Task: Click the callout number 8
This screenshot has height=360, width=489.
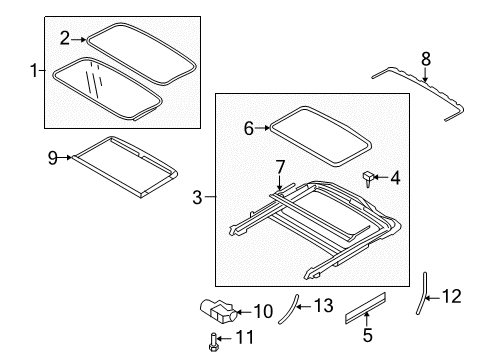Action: click(x=426, y=59)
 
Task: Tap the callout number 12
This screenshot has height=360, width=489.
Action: click(x=452, y=296)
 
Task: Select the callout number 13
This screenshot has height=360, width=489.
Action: click(x=323, y=306)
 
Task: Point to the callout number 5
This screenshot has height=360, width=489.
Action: click(x=367, y=335)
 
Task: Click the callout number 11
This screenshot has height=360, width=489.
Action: click(x=245, y=337)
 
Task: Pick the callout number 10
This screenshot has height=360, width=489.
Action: click(x=263, y=311)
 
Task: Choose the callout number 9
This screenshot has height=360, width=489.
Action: click(x=53, y=158)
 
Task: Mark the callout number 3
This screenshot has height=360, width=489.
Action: click(x=197, y=197)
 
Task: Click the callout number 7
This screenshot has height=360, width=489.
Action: click(x=280, y=167)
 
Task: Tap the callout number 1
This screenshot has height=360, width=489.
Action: click(x=34, y=70)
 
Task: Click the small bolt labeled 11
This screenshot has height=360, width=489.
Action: click(x=213, y=342)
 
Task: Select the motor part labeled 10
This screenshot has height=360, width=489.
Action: click(x=218, y=311)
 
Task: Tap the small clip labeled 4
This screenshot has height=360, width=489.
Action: click(x=368, y=178)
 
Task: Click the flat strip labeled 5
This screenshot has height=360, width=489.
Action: click(x=365, y=308)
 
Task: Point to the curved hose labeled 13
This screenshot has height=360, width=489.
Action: click(x=289, y=308)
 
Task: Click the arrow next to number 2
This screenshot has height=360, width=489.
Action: click(x=79, y=40)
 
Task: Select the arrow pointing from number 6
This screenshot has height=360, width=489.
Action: click(x=262, y=128)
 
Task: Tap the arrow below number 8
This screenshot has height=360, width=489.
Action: click(x=425, y=75)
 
